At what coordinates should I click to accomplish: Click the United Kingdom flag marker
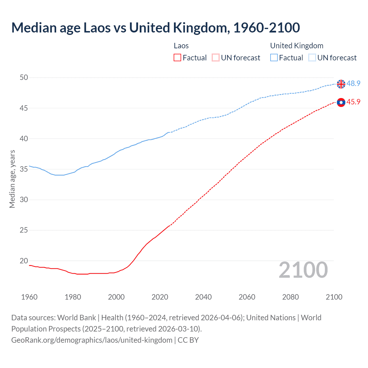(x=341, y=84)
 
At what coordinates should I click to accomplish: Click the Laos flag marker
(x=341, y=102)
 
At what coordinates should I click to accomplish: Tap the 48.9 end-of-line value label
(x=353, y=83)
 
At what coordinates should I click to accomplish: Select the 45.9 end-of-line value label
(x=353, y=102)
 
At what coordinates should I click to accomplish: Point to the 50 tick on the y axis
(x=24, y=77)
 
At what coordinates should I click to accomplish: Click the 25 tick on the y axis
(x=24, y=230)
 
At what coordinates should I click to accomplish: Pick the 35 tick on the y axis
(x=24, y=169)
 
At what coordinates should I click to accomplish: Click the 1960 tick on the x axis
(x=29, y=297)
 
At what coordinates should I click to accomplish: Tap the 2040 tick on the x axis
(x=203, y=297)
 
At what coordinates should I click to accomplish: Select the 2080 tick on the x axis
(x=290, y=297)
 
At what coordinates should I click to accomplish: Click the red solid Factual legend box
(x=177, y=58)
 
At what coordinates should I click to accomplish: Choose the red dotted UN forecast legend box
(x=216, y=58)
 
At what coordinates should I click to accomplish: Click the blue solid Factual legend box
(x=274, y=58)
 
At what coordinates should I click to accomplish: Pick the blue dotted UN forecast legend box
(x=312, y=58)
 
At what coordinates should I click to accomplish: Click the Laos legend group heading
(x=181, y=46)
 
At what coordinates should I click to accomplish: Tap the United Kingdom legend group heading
(x=297, y=46)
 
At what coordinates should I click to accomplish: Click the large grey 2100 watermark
(x=303, y=270)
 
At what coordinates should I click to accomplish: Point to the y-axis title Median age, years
(x=12, y=179)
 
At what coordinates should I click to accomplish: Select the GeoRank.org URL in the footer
(x=92, y=340)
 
